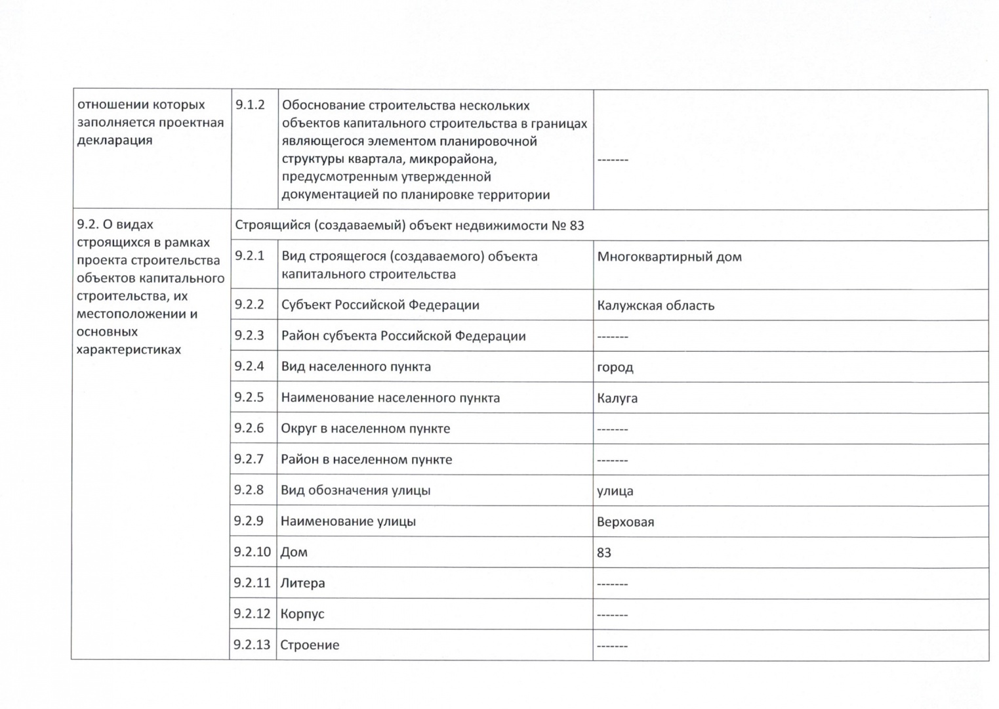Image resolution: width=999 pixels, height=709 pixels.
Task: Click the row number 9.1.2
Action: pos(250,105)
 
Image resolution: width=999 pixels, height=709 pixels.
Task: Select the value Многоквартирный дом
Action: pos(669,257)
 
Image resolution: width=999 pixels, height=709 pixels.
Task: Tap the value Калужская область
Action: pos(655,305)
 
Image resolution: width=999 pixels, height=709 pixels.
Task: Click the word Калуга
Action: pos(617,398)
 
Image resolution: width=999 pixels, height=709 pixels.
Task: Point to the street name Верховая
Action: pos(625,522)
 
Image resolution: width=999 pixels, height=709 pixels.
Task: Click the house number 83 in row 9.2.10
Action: pos(604,553)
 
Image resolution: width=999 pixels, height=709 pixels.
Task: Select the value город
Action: pos(615,367)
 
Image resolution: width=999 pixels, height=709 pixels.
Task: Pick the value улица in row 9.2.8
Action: pos(615,491)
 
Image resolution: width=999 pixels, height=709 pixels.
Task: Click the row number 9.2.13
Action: pos(252,645)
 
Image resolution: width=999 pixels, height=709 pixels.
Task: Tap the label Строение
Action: pos(310,645)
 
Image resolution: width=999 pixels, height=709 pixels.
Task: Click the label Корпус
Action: pos(302,614)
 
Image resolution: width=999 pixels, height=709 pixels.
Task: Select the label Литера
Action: pos(302,583)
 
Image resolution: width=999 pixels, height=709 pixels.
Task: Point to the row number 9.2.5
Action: pos(249,397)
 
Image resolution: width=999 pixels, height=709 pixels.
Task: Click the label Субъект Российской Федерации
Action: pos(380,305)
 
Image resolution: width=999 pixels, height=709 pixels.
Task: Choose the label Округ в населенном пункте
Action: pos(365,429)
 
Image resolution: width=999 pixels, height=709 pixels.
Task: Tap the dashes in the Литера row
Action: pos(613,584)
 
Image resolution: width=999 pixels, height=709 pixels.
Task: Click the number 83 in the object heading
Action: pos(577,226)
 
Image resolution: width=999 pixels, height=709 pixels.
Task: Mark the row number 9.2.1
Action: pos(249,256)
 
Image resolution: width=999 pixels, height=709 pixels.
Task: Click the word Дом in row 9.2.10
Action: pos(294,552)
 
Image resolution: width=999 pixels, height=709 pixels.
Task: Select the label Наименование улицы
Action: pos(348,521)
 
